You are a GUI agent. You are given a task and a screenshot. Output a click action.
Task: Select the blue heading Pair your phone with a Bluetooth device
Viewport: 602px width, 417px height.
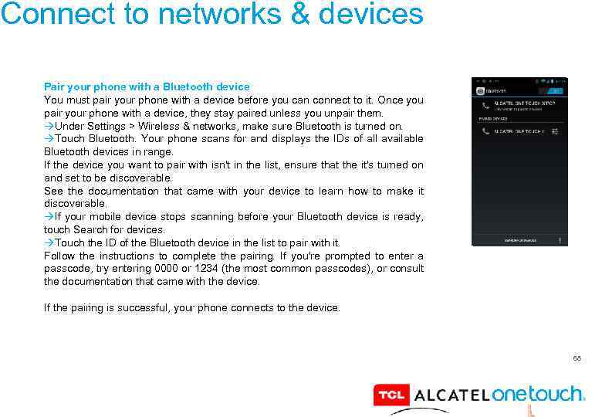tap(147, 87)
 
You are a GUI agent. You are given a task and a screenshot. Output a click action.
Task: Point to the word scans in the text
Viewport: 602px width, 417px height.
tap(200, 139)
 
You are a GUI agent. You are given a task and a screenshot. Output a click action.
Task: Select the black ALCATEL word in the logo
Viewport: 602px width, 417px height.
tap(451, 395)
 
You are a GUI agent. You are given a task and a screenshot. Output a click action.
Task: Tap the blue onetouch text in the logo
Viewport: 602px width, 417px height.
tap(538, 394)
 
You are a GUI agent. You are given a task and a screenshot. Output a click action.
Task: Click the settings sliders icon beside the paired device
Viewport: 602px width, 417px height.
tap(555, 132)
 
